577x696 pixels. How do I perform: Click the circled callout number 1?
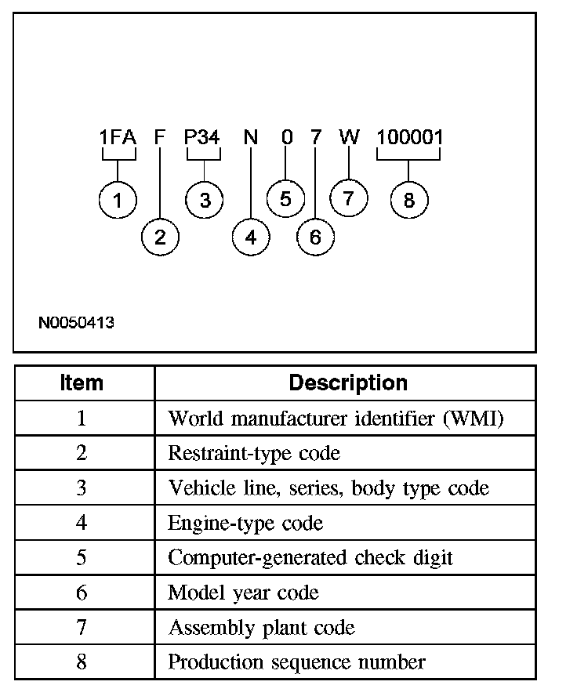(x=118, y=201)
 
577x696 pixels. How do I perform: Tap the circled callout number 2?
(x=160, y=237)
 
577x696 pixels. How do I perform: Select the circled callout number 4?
(x=250, y=237)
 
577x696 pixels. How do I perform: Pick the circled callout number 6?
(x=315, y=237)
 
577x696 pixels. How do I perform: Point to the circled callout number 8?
(x=408, y=201)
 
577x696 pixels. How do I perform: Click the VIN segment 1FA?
(x=118, y=138)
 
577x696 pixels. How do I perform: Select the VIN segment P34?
(x=202, y=138)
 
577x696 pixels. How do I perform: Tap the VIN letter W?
(x=349, y=138)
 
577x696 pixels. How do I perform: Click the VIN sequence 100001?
(x=409, y=138)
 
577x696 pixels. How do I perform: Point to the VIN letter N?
(x=250, y=138)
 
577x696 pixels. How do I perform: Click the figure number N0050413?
(x=75, y=322)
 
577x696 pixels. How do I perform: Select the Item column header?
(x=82, y=383)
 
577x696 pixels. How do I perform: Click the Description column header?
(x=348, y=383)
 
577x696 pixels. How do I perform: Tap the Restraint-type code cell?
(x=254, y=453)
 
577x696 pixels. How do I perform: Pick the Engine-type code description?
(x=245, y=523)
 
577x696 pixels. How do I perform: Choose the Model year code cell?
(x=243, y=593)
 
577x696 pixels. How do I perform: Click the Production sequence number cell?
(x=296, y=662)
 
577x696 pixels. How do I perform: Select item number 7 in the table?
(x=82, y=627)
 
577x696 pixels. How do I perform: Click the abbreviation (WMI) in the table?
(x=474, y=419)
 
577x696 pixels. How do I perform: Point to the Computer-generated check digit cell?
(x=310, y=557)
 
